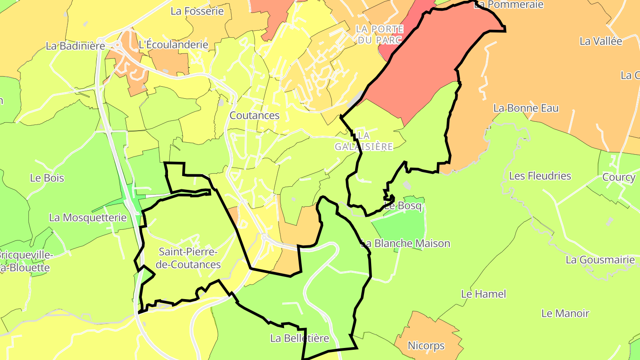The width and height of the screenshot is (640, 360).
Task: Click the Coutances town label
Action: coord(254,116)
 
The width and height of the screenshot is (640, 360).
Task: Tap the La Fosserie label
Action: coord(197,11)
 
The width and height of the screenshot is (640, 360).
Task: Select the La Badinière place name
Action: coord(76,46)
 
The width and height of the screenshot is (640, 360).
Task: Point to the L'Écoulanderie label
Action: coord(173,45)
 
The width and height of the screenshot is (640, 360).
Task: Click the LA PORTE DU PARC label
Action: coord(380,34)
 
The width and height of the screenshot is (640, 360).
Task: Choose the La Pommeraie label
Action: coord(509,4)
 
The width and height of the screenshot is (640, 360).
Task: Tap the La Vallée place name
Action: coord(601,41)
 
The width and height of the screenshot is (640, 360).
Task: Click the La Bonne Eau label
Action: coord(526,108)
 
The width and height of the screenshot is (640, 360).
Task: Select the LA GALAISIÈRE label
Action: coord(364,141)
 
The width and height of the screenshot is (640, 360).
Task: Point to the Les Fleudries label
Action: coord(540,176)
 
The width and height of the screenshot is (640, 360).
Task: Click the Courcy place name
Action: coord(619,177)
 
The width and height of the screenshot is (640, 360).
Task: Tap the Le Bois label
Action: coord(47,178)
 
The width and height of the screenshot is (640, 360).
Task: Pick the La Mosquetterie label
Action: coord(88,218)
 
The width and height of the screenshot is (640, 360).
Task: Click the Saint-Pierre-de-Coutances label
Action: coord(190,258)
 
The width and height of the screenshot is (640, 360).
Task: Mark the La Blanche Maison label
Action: coord(405,244)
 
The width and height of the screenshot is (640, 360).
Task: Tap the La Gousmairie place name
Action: coord(600,260)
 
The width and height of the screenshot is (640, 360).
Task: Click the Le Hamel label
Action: coord(484,294)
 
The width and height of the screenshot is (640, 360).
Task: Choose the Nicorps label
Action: coord(426,345)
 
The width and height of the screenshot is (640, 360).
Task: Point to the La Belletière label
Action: coord(300,338)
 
